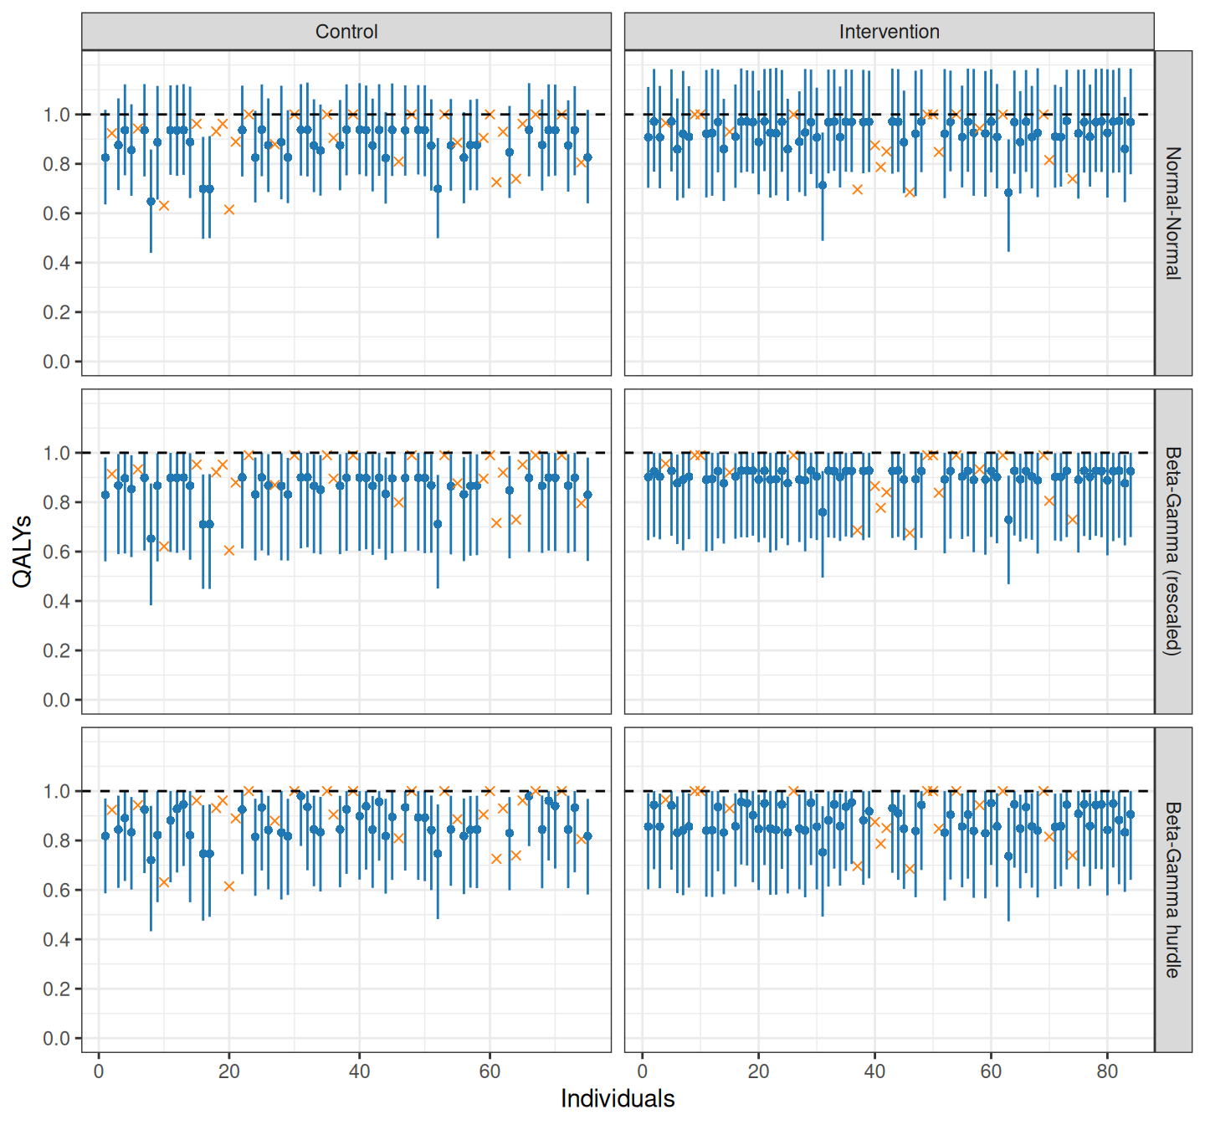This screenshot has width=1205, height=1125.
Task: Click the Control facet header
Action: [x=346, y=32]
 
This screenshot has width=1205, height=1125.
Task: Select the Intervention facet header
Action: [x=889, y=32]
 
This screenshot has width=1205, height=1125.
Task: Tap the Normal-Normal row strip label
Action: [x=1173, y=213]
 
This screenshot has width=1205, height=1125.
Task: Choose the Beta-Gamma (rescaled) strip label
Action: [x=1173, y=552]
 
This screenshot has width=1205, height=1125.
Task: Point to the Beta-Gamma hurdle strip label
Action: [x=1173, y=890]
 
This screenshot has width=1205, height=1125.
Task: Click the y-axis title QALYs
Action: [x=22, y=552]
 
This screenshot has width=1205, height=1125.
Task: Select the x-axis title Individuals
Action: [x=618, y=1098]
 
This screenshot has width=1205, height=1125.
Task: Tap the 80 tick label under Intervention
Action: [x=1107, y=1071]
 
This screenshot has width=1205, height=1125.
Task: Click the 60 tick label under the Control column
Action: [x=490, y=1071]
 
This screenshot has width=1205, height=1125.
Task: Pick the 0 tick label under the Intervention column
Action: [x=643, y=1071]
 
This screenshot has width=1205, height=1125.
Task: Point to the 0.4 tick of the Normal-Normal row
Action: [x=56, y=263]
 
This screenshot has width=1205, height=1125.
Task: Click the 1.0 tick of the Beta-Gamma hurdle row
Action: [x=56, y=791]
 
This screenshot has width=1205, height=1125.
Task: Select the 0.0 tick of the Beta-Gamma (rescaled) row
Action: [x=56, y=700]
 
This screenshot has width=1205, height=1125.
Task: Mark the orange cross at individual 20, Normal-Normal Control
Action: [x=228, y=209]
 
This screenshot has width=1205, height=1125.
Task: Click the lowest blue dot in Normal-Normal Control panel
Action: [x=151, y=202]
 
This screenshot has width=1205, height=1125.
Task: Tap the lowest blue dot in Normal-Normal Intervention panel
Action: [x=1008, y=193]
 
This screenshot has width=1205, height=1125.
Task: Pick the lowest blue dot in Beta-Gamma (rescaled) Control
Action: [x=151, y=539]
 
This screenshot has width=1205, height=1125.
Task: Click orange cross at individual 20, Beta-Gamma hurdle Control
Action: [x=228, y=886]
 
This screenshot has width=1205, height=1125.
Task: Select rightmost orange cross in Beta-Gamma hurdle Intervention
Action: [x=1072, y=855]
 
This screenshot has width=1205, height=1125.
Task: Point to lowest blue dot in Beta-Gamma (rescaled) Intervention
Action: [x=1008, y=520]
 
